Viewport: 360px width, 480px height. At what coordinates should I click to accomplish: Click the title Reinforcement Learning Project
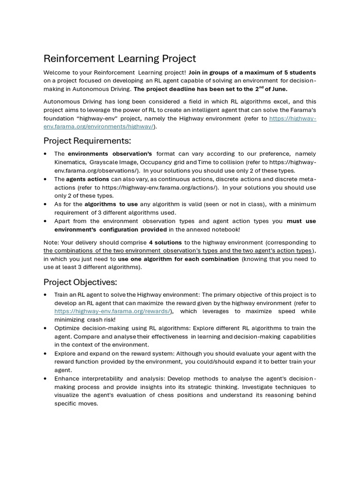[120, 59]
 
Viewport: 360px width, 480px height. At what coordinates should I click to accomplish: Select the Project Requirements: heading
[87, 141]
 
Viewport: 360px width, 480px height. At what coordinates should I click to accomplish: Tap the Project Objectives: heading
[80, 282]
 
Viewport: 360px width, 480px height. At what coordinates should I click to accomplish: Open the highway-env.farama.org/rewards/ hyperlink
[112, 311]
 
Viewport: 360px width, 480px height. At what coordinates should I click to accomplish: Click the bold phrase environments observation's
[110, 154]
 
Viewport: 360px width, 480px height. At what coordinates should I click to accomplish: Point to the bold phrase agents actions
[87, 179]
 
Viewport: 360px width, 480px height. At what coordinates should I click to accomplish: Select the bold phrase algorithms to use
[111, 204]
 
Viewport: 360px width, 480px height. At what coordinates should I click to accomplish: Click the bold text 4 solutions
[165, 242]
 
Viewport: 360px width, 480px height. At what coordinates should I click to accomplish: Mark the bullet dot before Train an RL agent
[45, 295]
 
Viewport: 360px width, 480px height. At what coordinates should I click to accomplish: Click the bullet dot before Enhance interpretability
[45, 378]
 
